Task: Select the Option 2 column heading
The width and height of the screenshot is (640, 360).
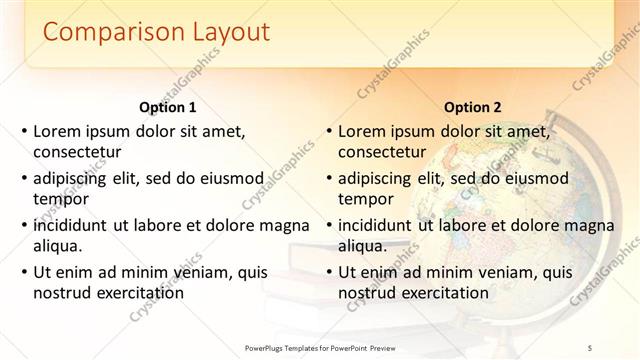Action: tap(473, 107)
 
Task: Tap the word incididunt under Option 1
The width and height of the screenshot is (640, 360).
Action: tap(73, 224)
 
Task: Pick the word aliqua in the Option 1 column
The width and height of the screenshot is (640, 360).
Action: tap(58, 245)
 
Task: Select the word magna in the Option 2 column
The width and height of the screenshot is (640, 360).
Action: tap(588, 224)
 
